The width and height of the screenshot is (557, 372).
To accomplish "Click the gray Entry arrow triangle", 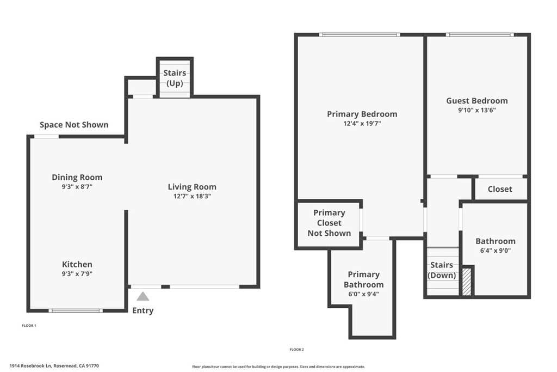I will (x=143, y=297).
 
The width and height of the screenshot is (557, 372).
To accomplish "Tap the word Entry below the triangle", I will (x=143, y=310).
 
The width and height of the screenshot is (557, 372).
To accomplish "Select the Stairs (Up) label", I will (x=175, y=78).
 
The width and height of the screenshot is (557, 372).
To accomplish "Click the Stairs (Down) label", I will (x=442, y=270).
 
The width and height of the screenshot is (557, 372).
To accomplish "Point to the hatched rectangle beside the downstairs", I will (x=466, y=282).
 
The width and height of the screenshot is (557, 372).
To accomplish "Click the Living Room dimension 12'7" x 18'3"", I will (x=192, y=196).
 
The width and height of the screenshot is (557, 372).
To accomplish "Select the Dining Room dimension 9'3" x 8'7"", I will (x=77, y=186).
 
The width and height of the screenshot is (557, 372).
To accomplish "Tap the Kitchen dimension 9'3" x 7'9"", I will (x=77, y=273).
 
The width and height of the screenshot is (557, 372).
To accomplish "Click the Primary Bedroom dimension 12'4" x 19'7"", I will (x=362, y=124).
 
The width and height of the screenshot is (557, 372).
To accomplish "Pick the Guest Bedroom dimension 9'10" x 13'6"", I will (x=476, y=110).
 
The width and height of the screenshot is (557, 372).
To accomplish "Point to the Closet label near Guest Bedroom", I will (x=499, y=189).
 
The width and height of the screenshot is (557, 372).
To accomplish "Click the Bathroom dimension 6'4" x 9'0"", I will (x=495, y=251).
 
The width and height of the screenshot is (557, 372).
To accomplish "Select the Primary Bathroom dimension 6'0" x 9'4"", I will (x=363, y=294).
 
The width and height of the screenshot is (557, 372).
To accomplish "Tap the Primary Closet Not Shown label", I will (x=329, y=223).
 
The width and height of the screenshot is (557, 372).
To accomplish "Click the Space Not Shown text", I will (x=74, y=125).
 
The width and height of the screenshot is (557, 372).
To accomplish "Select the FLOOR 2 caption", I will (x=296, y=349).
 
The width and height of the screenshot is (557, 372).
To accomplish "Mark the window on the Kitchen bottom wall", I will (x=76, y=310).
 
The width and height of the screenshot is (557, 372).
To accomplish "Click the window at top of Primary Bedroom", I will (x=360, y=35).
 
